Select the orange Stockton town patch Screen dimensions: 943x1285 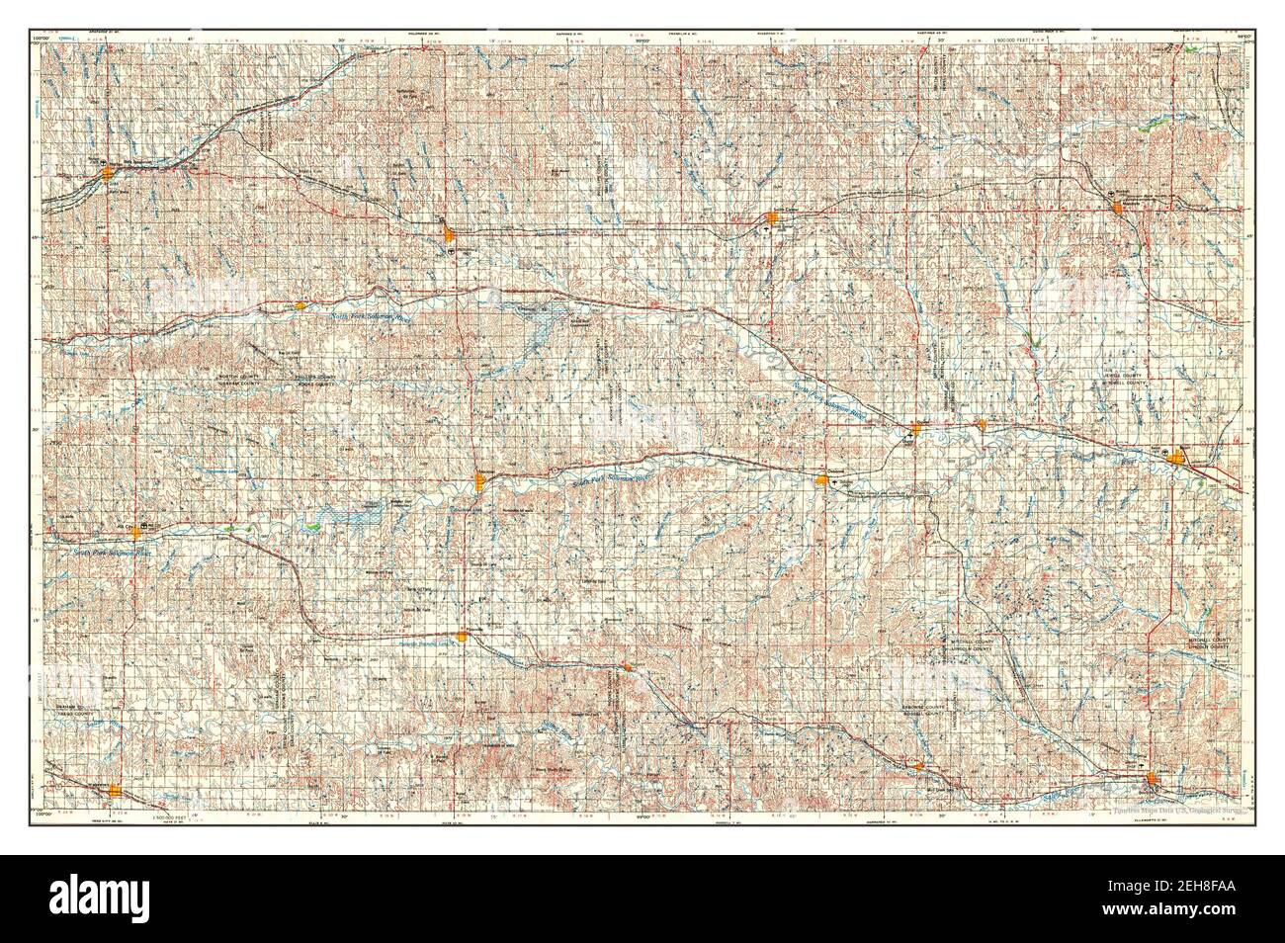point(480,481)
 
